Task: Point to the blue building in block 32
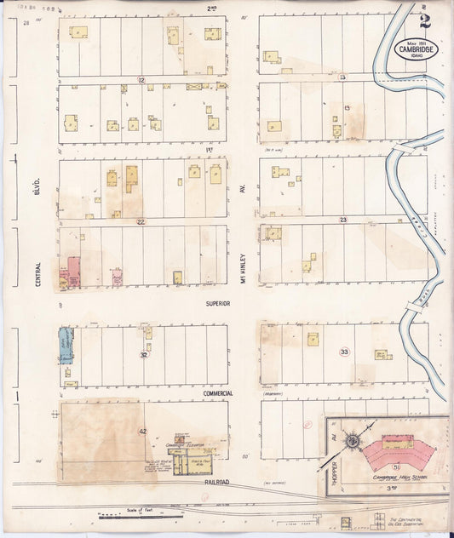pyautogui.click(x=65, y=346)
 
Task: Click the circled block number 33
pyautogui.click(x=344, y=352)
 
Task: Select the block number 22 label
pyautogui.click(x=141, y=221)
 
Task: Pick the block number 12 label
pyautogui.click(x=141, y=80)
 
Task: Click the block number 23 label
pyautogui.click(x=342, y=220)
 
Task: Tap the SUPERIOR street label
pyautogui.click(x=218, y=302)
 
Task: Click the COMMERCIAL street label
pyautogui.click(x=218, y=393)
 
